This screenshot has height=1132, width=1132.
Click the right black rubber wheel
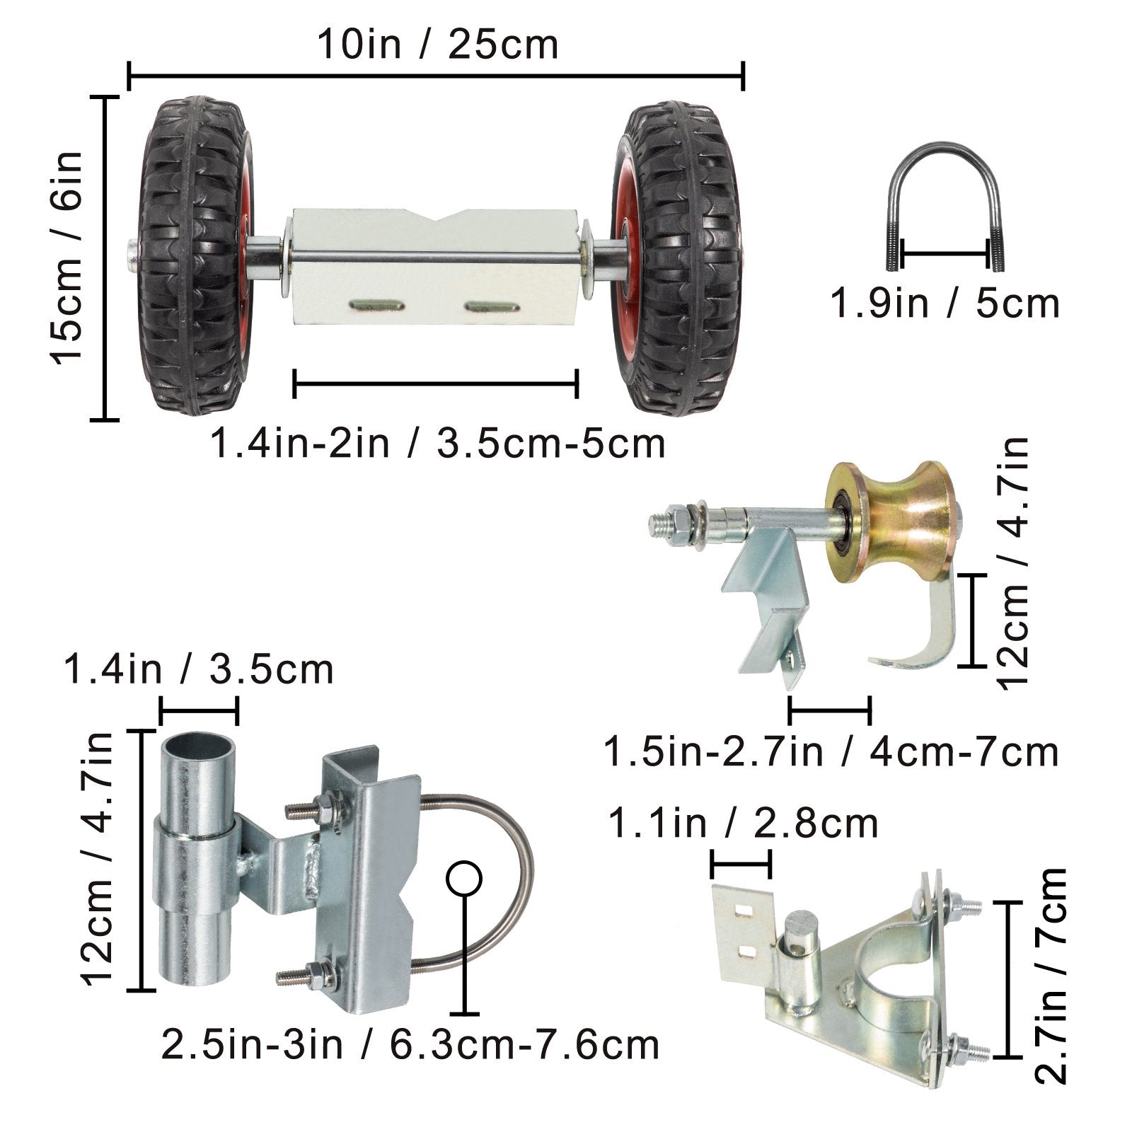676,258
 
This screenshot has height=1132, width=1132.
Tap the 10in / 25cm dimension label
437,44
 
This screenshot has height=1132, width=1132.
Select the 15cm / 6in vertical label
67,258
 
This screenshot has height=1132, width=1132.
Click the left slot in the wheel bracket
377,306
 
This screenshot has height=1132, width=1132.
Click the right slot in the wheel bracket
492,306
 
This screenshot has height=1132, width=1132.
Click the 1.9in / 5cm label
945,303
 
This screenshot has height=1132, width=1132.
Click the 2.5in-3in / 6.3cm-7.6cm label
410,1044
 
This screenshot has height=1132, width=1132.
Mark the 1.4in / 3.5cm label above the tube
198,669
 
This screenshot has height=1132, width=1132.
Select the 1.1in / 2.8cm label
743,823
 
